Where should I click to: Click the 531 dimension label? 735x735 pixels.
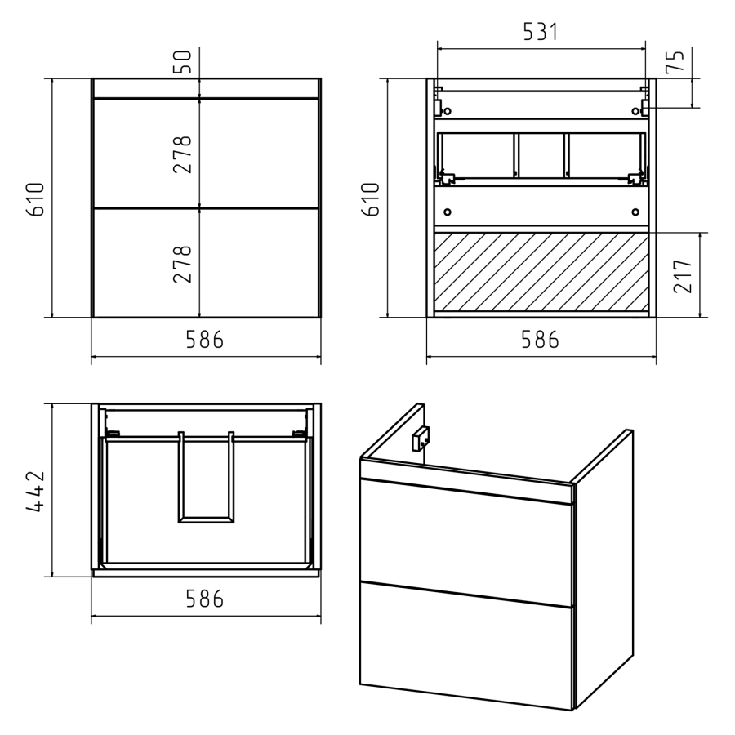click(x=541, y=32)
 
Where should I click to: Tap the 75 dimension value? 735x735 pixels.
click(x=675, y=61)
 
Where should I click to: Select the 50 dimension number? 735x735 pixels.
click(x=183, y=62)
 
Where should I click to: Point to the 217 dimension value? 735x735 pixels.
click(x=683, y=276)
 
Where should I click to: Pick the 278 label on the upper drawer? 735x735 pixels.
click(x=183, y=154)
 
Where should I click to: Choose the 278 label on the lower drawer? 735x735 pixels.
click(x=183, y=265)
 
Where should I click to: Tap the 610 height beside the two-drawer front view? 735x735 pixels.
click(x=35, y=199)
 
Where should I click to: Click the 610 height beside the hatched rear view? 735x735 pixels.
click(x=370, y=199)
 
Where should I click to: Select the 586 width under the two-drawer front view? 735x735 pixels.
click(x=205, y=340)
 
